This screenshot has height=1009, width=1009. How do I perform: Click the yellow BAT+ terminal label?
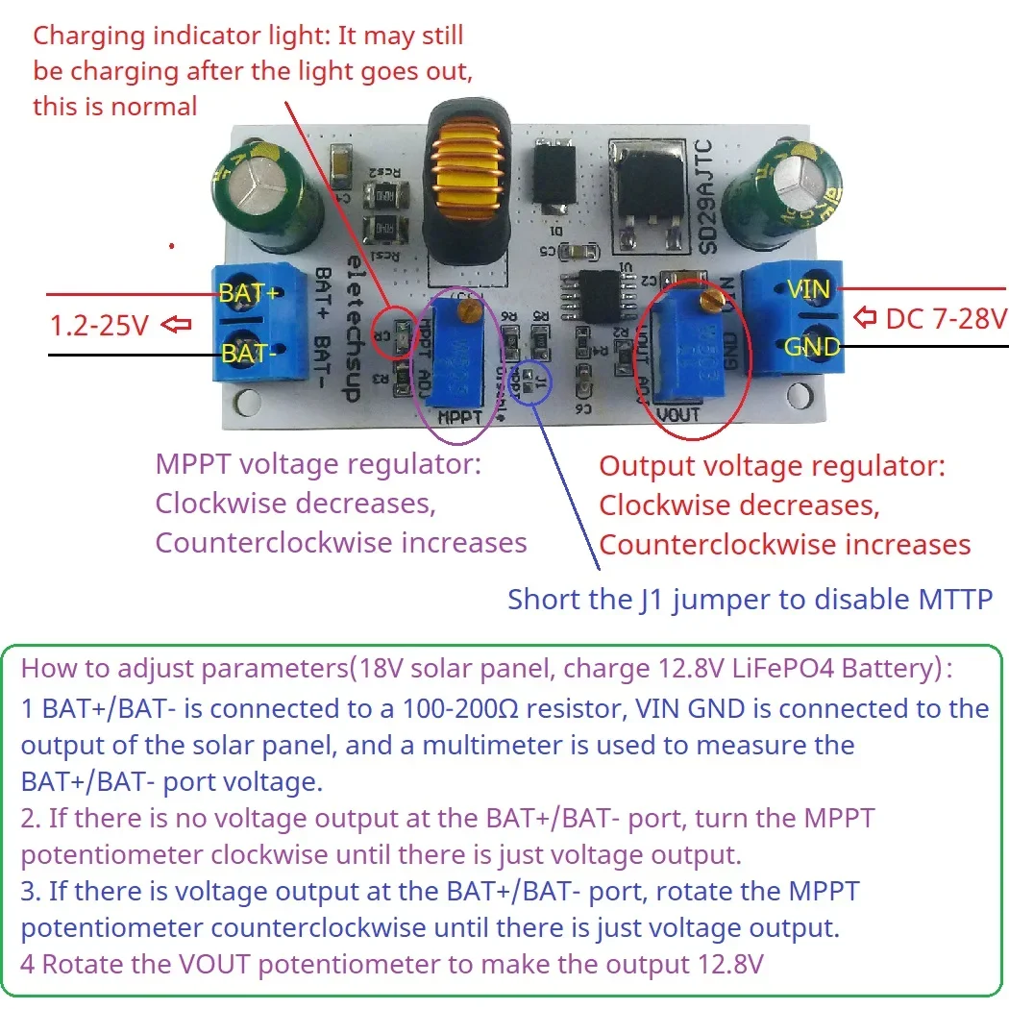click(x=250, y=291)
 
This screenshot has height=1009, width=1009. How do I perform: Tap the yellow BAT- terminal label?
click(x=249, y=353)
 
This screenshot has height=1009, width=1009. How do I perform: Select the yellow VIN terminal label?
click(x=808, y=288)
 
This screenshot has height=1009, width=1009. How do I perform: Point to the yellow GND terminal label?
click(x=812, y=346)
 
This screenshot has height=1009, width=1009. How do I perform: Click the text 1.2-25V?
click(x=99, y=326)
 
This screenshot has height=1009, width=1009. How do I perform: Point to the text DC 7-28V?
click(x=946, y=318)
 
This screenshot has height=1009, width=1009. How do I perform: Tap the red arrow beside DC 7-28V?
click(x=866, y=316)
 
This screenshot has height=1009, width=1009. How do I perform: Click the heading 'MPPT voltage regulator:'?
click(x=318, y=465)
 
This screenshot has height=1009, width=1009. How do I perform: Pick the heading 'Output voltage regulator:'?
click(x=773, y=467)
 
